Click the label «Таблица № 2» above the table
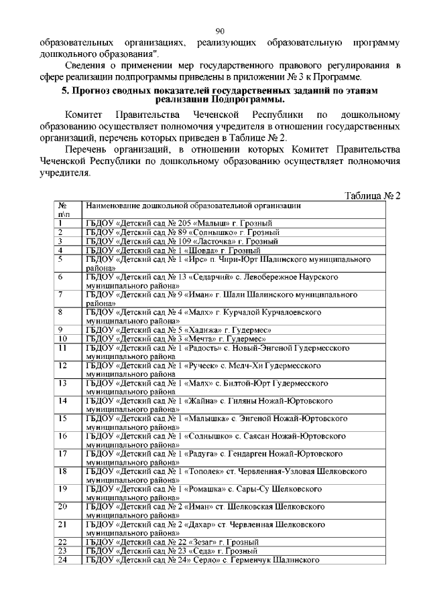[x=372, y=196]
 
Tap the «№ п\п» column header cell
[x=62, y=210]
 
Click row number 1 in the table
[x=60, y=222]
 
